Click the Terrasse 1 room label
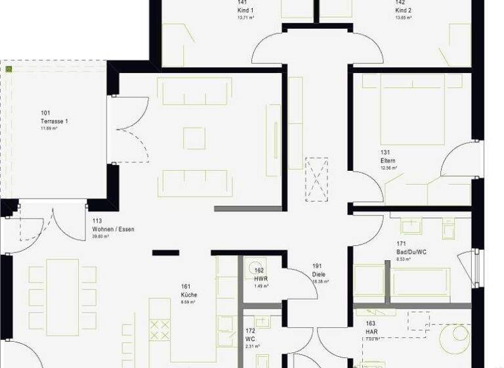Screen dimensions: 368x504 point(54,122)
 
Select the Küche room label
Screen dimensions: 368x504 point(189,295)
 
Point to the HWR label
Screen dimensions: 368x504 point(261,279)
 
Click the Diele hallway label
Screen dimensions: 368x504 point(319,275)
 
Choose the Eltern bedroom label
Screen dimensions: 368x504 point(387,160)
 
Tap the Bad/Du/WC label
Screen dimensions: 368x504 point(411,252)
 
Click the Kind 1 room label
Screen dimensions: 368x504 point(245,11)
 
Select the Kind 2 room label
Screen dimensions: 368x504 point(403,11)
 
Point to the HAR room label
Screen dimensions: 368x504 point(371,333)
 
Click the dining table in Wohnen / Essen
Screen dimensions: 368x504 point(62,295)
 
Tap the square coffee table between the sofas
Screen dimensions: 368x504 point(194,138)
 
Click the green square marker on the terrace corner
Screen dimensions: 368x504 point(9,68)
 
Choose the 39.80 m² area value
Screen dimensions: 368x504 point(104,237)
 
